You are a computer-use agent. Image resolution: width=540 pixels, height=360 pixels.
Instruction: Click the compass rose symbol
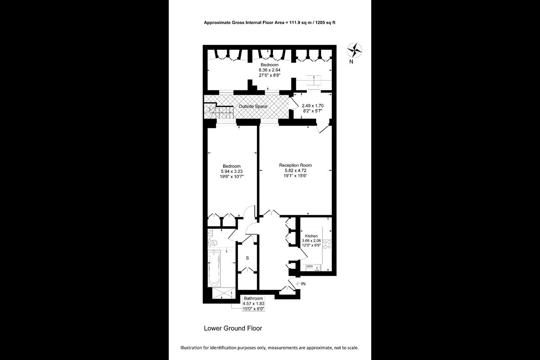point(355,50)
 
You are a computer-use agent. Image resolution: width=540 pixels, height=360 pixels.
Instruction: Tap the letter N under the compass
point(351,62)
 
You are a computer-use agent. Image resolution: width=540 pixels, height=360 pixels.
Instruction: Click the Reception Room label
point(295,165)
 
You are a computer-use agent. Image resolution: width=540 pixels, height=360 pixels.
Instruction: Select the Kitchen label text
point(311,236)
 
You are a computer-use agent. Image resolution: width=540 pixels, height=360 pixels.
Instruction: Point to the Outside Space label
point(253,106)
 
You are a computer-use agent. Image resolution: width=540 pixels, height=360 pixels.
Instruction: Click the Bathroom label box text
point(253,298)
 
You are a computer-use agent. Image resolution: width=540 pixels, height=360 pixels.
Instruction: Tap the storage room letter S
point(247,258)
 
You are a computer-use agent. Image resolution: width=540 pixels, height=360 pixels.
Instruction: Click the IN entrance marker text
point(303,284)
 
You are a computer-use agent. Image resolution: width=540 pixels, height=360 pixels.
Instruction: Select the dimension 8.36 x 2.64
point(270,70)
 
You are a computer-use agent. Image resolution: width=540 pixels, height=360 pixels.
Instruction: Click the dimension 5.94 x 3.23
point(232,171)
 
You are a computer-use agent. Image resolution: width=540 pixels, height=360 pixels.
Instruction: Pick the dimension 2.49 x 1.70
point(313,106)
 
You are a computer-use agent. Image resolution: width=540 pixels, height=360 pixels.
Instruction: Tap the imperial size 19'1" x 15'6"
point(295,176)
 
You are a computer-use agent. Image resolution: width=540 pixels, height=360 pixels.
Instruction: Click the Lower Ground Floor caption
point(233,328)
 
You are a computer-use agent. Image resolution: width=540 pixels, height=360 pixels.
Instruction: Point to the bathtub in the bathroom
point(214,268)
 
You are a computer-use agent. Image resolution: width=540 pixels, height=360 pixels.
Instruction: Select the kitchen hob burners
point(327,244)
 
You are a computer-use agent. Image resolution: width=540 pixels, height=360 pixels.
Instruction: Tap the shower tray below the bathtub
point(224,293)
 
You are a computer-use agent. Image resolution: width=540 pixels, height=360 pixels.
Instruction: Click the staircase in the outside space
point(219,111)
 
